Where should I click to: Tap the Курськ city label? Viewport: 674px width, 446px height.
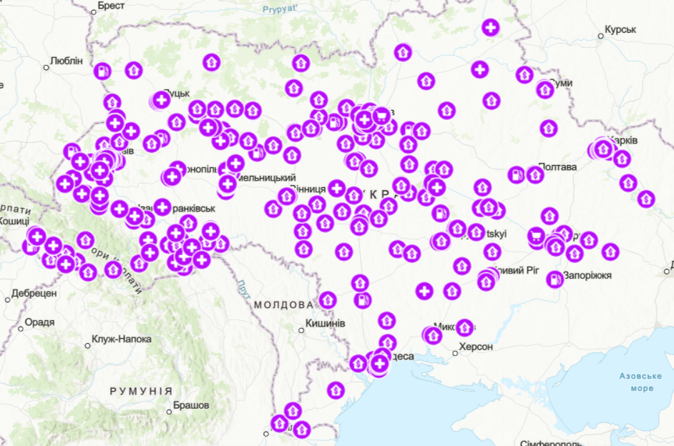tap(620, 30)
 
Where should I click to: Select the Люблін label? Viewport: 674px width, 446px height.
tap(67, 61)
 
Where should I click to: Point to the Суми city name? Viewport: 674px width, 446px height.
tap(562, 83)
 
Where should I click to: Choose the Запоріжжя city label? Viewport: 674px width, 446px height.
tap(587, 274)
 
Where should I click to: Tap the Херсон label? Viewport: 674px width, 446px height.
tap(475, 347)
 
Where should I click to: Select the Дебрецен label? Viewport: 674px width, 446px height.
tap(34, 293)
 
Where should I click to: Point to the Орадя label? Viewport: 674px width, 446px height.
tap(39, 322)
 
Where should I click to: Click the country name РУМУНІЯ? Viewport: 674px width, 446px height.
tap(140, 391)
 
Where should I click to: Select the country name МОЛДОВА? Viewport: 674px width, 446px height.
tap(284, 304)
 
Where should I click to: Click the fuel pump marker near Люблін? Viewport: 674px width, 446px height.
tap(103, 71)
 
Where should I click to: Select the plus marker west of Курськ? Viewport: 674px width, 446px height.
tap(490, 28)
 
